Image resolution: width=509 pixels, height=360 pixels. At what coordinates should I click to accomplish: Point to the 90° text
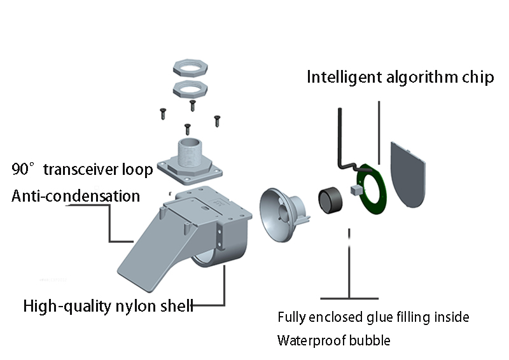pos(25,170)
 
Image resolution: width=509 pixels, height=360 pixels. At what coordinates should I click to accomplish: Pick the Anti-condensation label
pos(76,196)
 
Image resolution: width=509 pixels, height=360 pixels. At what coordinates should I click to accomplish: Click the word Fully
pos(293,317)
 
